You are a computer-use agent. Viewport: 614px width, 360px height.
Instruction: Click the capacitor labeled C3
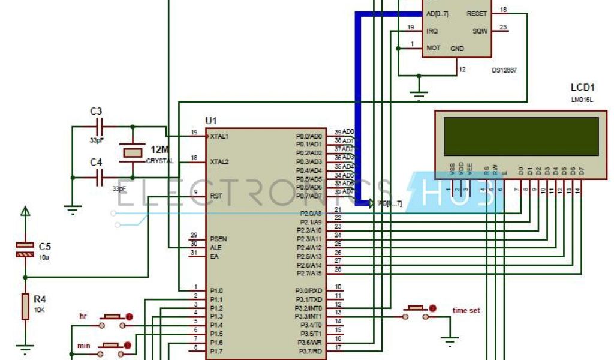tap(100, 127)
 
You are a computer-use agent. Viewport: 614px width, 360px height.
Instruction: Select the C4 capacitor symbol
tap(100, 176)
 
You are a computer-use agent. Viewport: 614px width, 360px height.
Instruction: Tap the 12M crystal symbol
tap(133, 152)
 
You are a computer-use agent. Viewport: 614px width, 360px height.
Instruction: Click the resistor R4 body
tap(25, 306)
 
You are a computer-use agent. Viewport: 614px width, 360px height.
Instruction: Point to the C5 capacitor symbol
tap(25, 250)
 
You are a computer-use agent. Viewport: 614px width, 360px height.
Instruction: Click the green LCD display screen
tap(520, 137)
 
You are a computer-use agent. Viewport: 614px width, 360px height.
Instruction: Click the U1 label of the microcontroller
tap(212, 121)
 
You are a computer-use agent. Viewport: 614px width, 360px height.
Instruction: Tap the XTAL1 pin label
tap(219, 136)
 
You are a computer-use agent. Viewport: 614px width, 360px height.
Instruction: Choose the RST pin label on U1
tap(216, 196)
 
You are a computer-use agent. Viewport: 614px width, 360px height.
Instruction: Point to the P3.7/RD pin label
tap(311, 350)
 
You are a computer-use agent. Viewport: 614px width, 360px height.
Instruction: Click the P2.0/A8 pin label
tap(311, 213)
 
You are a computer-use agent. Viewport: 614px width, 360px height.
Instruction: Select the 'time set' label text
tap(466, 310)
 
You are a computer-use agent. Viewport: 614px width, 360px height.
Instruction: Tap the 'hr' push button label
tap(83, 316)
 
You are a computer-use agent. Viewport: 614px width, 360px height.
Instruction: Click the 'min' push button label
tap(84, 346)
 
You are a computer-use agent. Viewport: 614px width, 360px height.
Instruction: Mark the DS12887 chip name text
tap(504, 70)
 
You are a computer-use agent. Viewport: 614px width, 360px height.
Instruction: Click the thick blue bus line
tap(359, 108)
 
